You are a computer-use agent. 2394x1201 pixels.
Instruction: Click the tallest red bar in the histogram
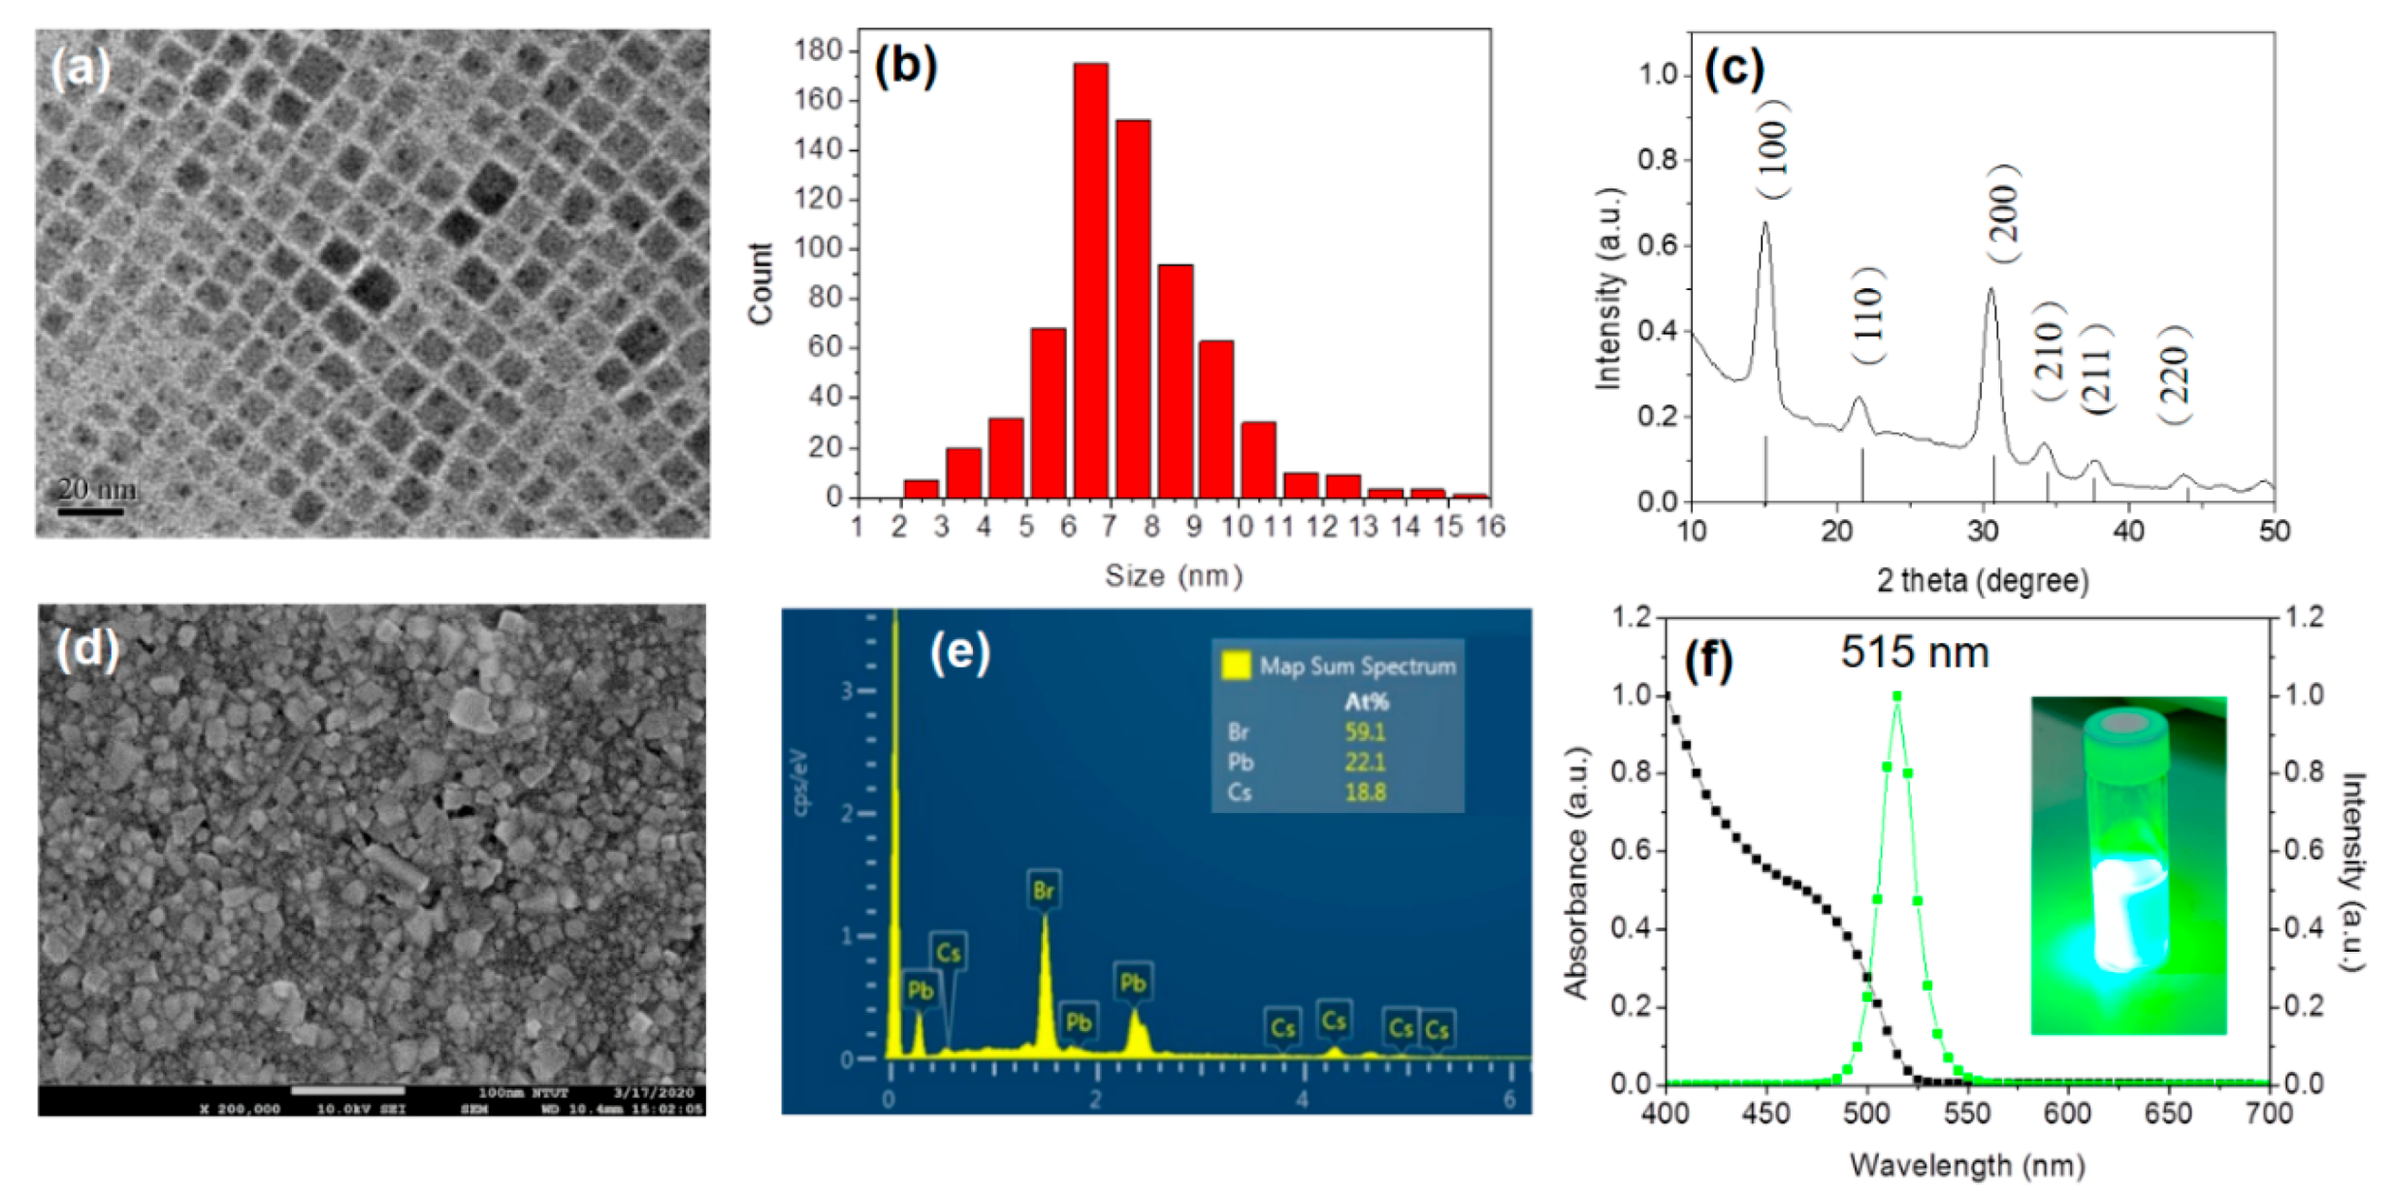pos(1090,281)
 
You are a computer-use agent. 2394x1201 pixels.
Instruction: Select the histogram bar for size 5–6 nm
pos(1048,413)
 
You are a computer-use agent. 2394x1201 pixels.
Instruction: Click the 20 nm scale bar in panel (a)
pos(90,510)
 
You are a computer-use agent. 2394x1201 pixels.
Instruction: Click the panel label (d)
pos(87,649)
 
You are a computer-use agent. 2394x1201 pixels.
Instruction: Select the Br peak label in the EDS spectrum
pos(1043,890)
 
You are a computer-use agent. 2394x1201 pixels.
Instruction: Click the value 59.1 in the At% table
pos(1364,731)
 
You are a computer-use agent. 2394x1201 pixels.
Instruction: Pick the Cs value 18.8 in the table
pos(1364,793)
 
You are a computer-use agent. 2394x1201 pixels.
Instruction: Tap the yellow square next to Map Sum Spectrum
pos(1235,665)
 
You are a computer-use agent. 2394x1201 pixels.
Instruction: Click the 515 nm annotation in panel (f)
pos(1914,653)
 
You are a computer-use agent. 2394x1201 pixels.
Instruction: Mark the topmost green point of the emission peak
pos(1896,696)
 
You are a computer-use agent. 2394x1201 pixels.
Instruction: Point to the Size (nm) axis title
pos(1173,576)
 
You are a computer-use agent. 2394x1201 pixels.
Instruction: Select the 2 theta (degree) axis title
pos(1982,580)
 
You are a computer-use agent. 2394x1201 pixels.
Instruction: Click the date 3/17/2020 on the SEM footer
pos(654,1092)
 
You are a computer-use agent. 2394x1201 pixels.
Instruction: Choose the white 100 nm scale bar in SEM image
pos(347,1090)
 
